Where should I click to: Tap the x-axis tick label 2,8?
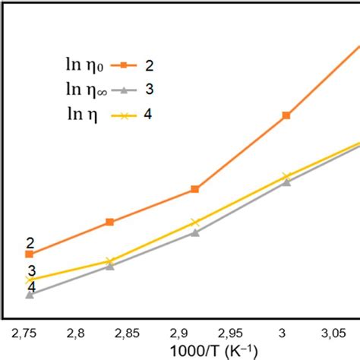(x=75, y=333)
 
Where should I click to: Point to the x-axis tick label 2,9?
(x=178, y=333)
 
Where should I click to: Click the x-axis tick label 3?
(x=282, y=333)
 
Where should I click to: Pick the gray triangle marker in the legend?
(x=123, y=91)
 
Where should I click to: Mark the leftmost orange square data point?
(x=29, y=254)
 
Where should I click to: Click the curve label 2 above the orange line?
(x=30, y=243)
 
